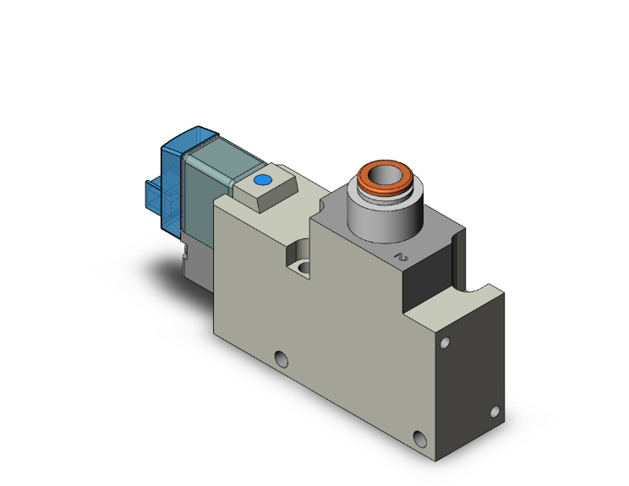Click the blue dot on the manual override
[261, 180]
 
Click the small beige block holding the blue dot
[263, 190]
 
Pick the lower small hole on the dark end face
[495, 412]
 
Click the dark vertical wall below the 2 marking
[427, 283]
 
